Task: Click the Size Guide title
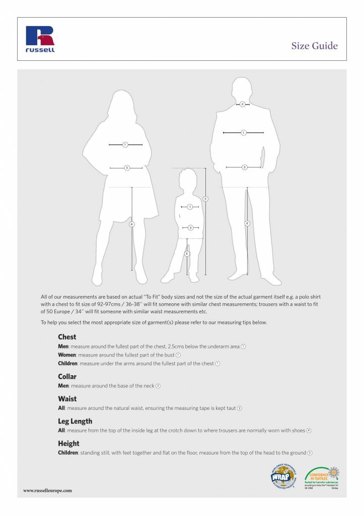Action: click(314, 46)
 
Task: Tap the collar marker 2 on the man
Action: click(243, 104)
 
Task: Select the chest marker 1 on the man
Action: click(243, 133)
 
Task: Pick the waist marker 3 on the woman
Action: click(126, 167)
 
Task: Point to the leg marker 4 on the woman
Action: click(132, 224)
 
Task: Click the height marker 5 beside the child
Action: click(205, 199)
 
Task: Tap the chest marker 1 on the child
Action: click(190, 207)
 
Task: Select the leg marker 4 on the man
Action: click(247, 223)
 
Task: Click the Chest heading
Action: click(67, 337)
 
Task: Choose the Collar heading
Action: click(67, 376)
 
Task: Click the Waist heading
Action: click(67, 398)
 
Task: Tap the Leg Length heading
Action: click(75, 421)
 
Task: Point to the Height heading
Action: click(68, 443)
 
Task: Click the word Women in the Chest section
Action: click(67, 355)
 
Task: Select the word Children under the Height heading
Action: click(68, 453)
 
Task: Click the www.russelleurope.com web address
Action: click(48, 490)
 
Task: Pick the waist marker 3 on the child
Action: click(190, 228)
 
